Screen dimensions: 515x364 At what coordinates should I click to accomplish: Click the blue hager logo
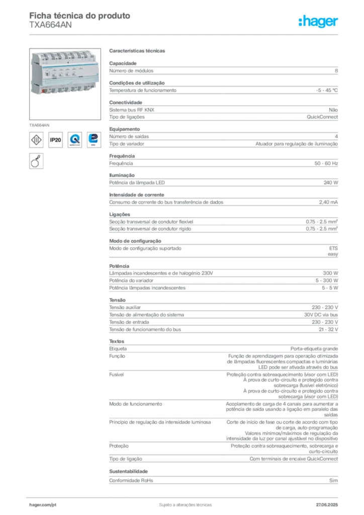[318, 22]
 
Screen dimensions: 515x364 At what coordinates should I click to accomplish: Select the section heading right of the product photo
[138, 51]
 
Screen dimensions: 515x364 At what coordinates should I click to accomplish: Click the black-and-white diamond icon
[36, 139]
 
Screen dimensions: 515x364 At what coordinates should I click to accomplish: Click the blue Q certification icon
[75, 139]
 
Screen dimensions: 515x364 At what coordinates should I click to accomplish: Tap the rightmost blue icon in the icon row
[94, 139]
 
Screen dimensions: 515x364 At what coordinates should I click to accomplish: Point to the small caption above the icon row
[40, 123]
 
